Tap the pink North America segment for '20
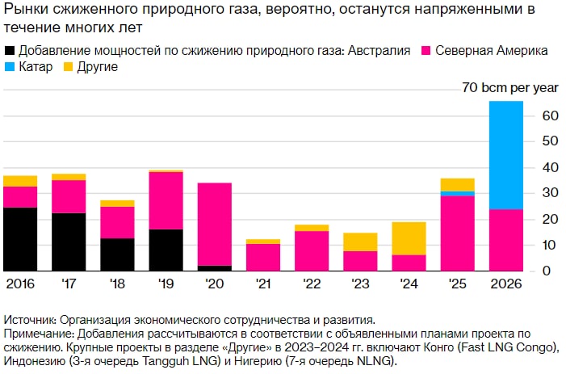(215, 224)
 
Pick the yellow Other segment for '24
(409, 237)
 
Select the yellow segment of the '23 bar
(361, 241)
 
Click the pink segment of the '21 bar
(263, 256)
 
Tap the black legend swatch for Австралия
(9, 51)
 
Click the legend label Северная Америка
(491, 51)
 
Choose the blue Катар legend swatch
(9, 66)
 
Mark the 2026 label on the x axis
(506, 285)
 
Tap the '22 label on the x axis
(312, 285)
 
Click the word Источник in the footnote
(29, 320)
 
